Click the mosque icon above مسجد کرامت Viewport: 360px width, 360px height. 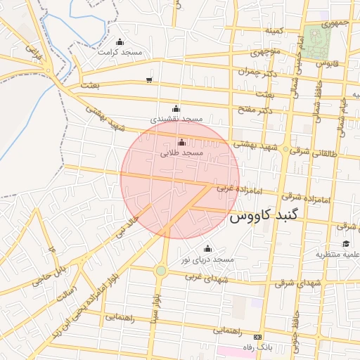click(x=119, y=41)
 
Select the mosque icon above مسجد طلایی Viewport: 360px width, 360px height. click(x=182, y=143)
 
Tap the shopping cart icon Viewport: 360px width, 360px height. click(x=148, y=79)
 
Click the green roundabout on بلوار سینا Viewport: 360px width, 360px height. click(x=161, y=271)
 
